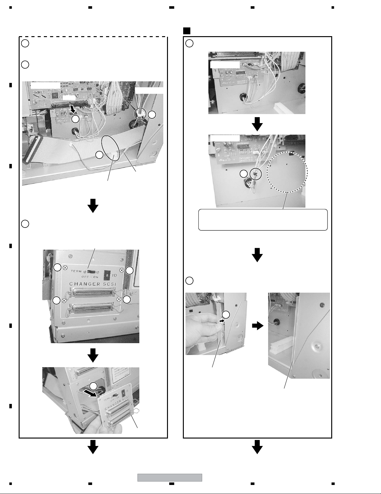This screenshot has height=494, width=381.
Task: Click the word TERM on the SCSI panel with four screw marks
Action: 76,271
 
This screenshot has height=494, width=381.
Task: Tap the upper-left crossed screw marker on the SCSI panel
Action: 65,267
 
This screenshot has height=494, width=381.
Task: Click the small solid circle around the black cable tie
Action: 256,174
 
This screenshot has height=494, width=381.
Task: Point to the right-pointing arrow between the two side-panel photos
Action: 257,326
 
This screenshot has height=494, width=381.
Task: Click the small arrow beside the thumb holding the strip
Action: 221,320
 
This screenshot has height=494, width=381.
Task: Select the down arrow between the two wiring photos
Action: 257,125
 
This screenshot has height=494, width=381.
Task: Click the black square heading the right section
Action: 187,31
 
